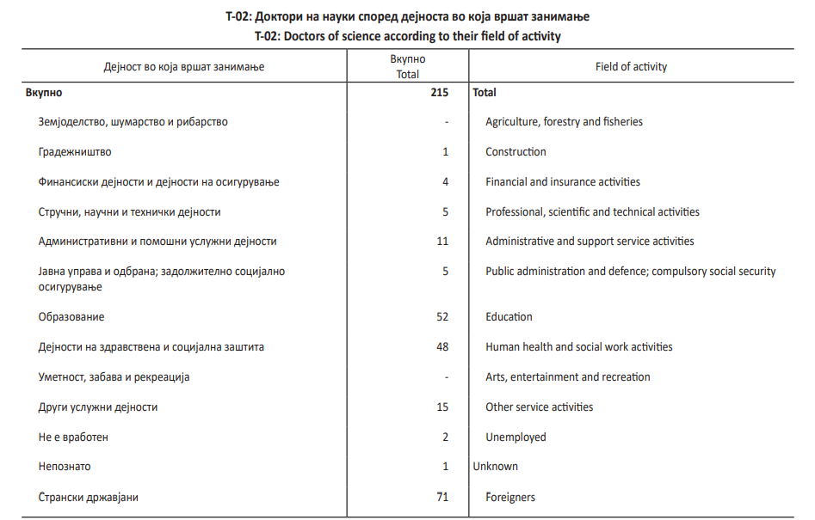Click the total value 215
click(x=438, y=92)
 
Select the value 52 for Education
click(x=441, y=316)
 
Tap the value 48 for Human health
click(x=441, y=346)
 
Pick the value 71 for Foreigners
click(x=441, y=497)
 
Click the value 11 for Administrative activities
click(x=442, y=242)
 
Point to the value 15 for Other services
click(x=441, y=407)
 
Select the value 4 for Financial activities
click(x=445, y=181)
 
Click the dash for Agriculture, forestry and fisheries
click(x=447, y=122)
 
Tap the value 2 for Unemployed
click(x=445, y=437)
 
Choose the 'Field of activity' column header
click(x=631, y=66)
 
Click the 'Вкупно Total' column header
click(x=407, y=66)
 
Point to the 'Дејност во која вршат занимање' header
click(x=183, y=66)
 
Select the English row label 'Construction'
click(x=516, y=151)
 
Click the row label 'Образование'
click(x=71, y=316)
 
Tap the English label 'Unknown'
click(x=495, y=466)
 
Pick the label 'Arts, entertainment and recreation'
click(x=567, y=376)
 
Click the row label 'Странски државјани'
click(x=88, y=497)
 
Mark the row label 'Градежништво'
click(x=75, y=151)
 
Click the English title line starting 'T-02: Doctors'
click(x=407, y=36)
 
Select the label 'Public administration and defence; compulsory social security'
click(x=630, y=271)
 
